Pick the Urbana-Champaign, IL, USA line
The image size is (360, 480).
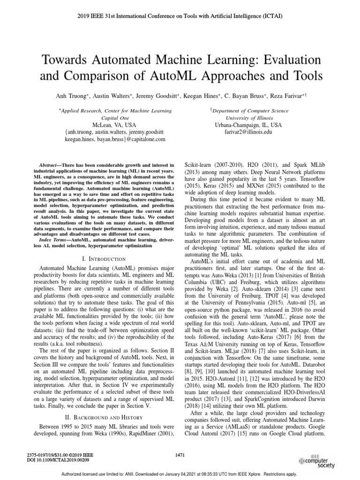(248, 126)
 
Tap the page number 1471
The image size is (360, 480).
(180, 454)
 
